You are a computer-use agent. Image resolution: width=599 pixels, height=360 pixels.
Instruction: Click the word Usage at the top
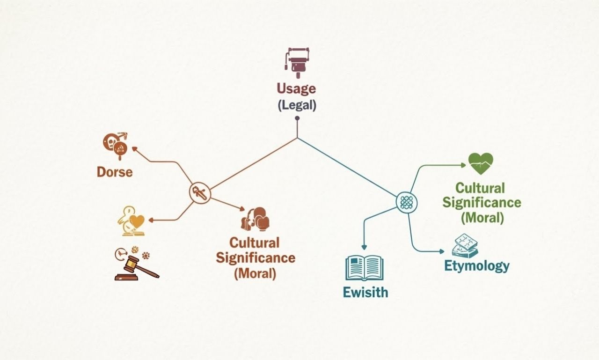296,89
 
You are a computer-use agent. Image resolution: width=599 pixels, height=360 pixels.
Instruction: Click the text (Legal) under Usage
297,105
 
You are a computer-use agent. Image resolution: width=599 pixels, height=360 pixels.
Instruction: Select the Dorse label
115,172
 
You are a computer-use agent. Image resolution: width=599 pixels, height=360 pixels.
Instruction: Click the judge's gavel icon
136,268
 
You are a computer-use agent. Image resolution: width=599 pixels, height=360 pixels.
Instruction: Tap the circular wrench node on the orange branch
200,193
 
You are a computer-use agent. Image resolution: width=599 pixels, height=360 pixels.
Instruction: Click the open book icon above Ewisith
365,268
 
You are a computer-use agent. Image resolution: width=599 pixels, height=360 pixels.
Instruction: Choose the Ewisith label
365,293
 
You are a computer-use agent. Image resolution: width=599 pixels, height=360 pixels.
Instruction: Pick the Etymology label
476,266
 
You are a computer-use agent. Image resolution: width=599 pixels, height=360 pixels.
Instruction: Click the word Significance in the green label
482,202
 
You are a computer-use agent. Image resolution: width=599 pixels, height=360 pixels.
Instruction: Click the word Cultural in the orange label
254,243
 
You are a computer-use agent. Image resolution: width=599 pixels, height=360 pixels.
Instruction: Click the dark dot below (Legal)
297,118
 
